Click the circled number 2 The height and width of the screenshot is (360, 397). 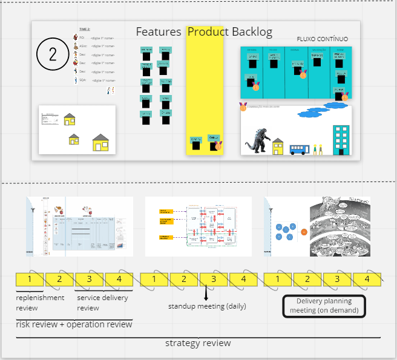pyautogui.click(x=53, y=54)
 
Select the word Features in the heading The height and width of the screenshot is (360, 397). pyautogui.click(x=159, y=32)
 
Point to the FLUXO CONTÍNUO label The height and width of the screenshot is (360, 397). pyautogui.click(x=322, y=39)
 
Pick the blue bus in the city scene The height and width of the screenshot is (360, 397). pyautogui.click(x=299, y=149)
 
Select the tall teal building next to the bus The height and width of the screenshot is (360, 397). pyautogui.click(x=341, y=139)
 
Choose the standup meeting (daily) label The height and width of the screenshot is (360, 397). pyautogui.click(x=207, y=306)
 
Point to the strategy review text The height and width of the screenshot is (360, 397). pyautogui.click(x=198, y=343)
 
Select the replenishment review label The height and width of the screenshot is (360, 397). pyautogui.click(x=40, y=303)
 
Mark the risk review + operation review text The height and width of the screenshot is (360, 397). pyautogui.click(x=74, y=324)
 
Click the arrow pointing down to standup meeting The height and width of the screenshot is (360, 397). pyautogui.click(x=206, y=295)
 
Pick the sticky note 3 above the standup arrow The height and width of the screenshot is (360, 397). pyautogui.click(x=214, y=279)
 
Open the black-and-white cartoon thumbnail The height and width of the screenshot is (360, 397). pyautogui.click(x=340, y=226)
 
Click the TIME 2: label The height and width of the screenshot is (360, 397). pyautogui.click(x=85, y=28)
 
